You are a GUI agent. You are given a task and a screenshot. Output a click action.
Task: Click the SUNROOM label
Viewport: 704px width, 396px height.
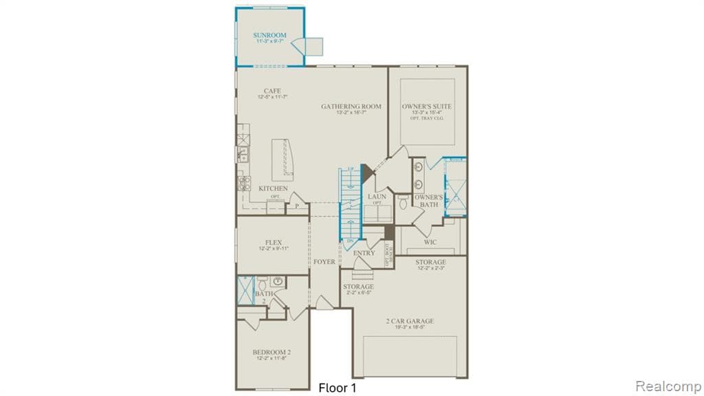pos(269,35)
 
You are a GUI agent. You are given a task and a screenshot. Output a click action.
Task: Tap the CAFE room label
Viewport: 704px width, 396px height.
pos(272,91)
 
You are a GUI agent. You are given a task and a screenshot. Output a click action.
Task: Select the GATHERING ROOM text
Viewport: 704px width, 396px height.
pos(351,107)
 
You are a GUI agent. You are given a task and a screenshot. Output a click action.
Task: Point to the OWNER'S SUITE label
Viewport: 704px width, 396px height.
pos(427,107)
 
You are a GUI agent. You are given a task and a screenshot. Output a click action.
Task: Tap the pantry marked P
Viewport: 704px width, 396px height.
pos(297,204)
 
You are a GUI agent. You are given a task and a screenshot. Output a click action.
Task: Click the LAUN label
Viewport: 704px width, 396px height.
pos(377,197)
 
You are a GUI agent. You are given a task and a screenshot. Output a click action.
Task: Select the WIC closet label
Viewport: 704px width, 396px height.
pos(430,242)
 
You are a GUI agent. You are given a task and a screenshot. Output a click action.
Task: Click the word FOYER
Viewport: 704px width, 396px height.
pos(324,262)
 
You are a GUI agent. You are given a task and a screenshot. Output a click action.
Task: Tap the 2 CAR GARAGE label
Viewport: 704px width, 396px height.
pos(410,321)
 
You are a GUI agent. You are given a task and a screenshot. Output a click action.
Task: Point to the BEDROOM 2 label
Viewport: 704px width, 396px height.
pos(272,353)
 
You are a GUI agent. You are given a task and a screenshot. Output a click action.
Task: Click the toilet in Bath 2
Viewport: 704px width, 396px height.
pos(263,283)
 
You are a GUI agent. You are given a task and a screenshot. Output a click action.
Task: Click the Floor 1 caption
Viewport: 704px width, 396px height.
pos(338,388)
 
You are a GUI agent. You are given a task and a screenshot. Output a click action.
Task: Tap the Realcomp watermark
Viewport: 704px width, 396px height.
pos(666,386)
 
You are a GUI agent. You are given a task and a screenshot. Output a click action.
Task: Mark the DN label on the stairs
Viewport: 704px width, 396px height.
pos(350,241)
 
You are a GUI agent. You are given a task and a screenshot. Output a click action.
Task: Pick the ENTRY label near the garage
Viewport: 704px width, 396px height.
pos(364,253)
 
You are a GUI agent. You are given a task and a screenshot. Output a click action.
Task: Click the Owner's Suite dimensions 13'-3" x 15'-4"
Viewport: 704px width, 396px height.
pos(427,113)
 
